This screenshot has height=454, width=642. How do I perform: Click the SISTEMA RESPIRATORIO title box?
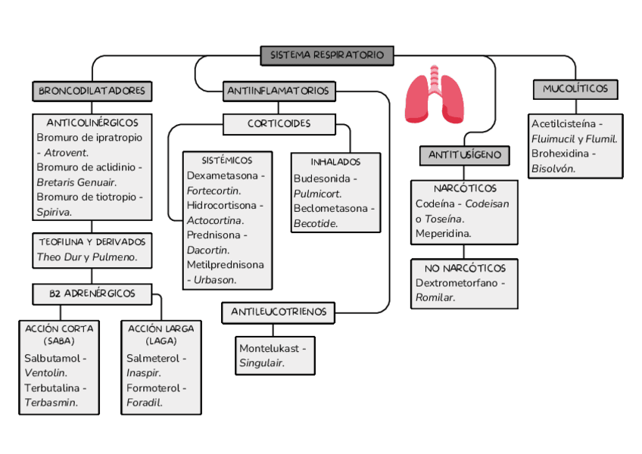click(327, 55)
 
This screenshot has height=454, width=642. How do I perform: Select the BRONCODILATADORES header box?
click(92, 91)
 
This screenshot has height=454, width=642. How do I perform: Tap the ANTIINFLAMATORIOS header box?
click(278, 91)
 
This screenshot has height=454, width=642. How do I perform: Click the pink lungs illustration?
click(435, 95)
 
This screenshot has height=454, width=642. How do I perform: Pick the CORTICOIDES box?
click(279, 123)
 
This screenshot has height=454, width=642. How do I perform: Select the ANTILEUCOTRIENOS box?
click(278, 312)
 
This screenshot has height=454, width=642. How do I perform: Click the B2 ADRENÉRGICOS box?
click(92, 293)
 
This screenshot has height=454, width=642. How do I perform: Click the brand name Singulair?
click(261, 363)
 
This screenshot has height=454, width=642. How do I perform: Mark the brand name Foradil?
click(144, 403)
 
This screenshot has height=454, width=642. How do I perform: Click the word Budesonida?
click(322, 179)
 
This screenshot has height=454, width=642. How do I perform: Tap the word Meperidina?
click(443, 234)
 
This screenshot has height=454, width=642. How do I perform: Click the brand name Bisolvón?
click(553, 168)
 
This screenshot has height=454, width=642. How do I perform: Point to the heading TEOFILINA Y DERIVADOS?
click(92, 241)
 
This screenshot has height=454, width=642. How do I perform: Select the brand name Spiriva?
click(54, 212)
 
